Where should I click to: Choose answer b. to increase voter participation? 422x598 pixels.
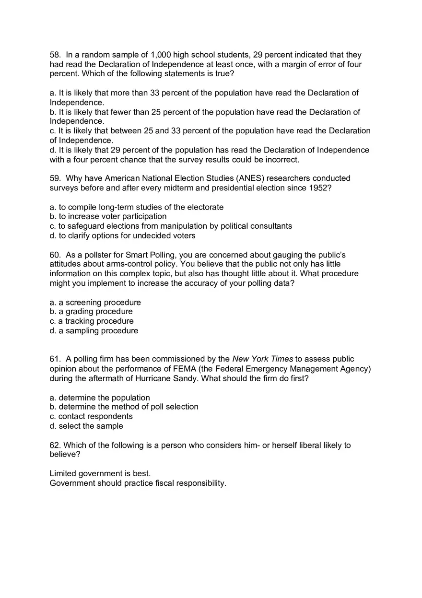[108, 216]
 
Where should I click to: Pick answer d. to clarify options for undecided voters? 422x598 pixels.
[122, 235]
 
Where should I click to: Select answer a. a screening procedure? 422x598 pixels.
[95, 303]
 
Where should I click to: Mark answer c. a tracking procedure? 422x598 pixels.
[92, 321]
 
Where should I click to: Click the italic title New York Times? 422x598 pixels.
[262, 359]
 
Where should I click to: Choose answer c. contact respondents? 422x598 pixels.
[91, 416]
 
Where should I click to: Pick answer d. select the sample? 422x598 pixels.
[86, 426]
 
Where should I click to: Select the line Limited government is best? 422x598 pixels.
[100, 474]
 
